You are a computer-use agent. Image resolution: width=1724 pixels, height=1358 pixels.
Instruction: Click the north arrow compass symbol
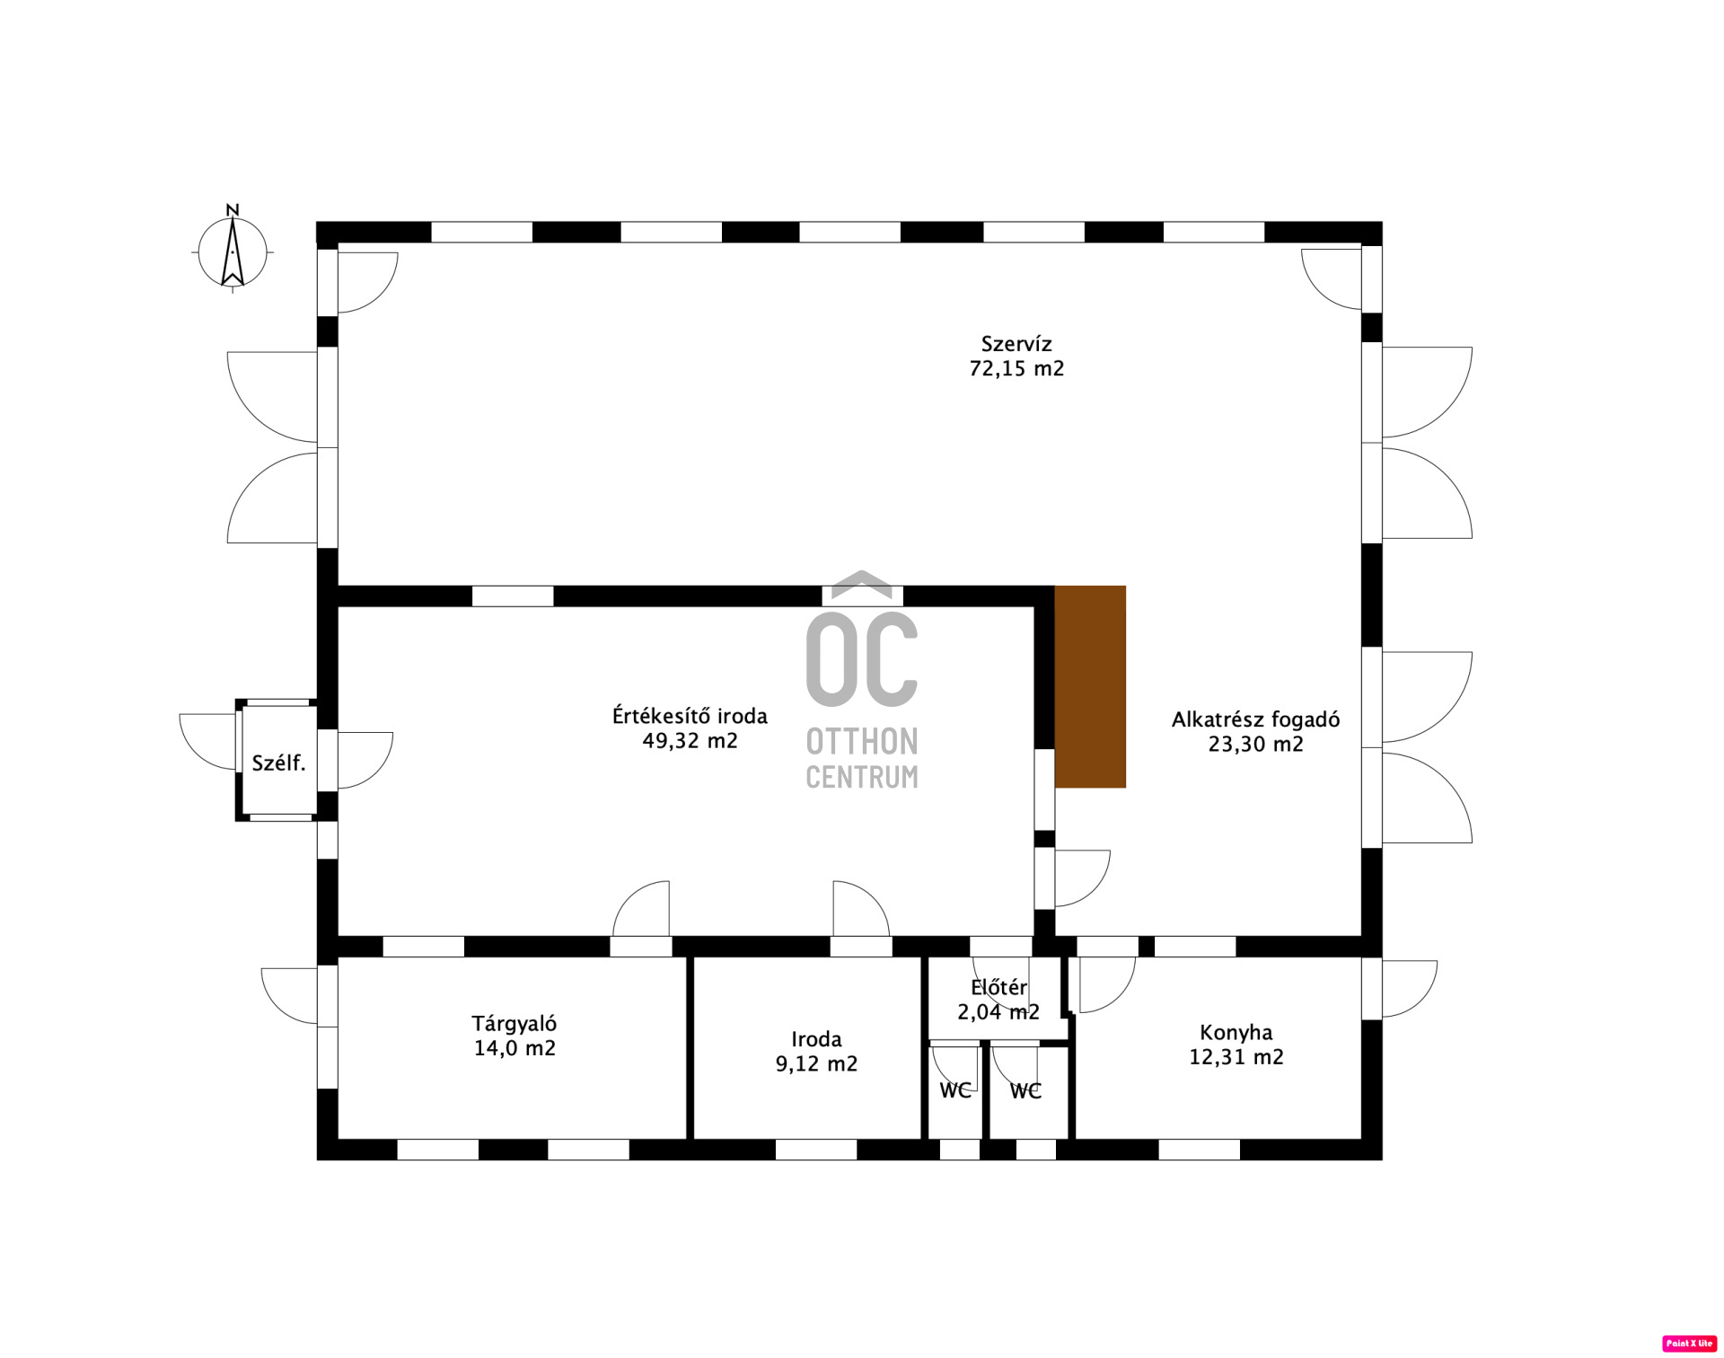[x=233, y=251]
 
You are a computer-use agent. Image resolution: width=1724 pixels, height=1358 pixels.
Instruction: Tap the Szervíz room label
[x=1016, y=344]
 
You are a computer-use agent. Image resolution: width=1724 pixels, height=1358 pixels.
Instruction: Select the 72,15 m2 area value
[x=1016, y=368]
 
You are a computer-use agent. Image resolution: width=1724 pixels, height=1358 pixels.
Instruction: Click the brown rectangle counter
[x=1089, y=686]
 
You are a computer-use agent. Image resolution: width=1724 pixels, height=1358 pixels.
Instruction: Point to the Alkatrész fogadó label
[x=1254, y=719]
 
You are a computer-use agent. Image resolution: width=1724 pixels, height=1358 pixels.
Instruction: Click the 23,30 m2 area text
[x=1254, y=744]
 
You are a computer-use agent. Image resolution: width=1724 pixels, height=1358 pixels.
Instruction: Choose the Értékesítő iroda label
[x=689, y=716]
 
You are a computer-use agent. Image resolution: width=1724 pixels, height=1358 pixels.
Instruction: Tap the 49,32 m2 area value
[x=689, y=740]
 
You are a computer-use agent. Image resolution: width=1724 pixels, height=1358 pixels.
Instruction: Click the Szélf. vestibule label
[x=278, y=763]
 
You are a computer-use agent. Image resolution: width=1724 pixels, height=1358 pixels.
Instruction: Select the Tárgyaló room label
[x=514, y=1023]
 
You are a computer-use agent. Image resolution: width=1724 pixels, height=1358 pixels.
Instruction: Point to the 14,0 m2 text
[x=514, y=1047]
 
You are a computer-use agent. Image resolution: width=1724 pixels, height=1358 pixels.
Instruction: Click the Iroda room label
[x=815, y=1039]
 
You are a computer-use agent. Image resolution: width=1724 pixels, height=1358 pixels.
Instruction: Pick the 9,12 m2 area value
[x=815, y=1063]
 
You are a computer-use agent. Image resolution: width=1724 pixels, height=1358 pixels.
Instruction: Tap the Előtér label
[x=998, y=987]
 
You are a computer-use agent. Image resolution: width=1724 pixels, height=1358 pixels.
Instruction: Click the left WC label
[x=954, y=1090]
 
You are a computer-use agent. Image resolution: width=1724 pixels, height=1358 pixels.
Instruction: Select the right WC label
[x=1025, y=1090]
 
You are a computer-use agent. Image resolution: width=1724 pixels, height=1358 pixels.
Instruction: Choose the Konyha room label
[x=1236, y=1032]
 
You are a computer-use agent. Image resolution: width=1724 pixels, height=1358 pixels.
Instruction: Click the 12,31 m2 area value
[x=1236, y=1056]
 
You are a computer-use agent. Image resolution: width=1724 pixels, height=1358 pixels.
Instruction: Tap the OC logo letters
[x=861, y=660]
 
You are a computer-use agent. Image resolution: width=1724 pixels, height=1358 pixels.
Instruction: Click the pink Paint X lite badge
[x=1689, y=1344]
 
